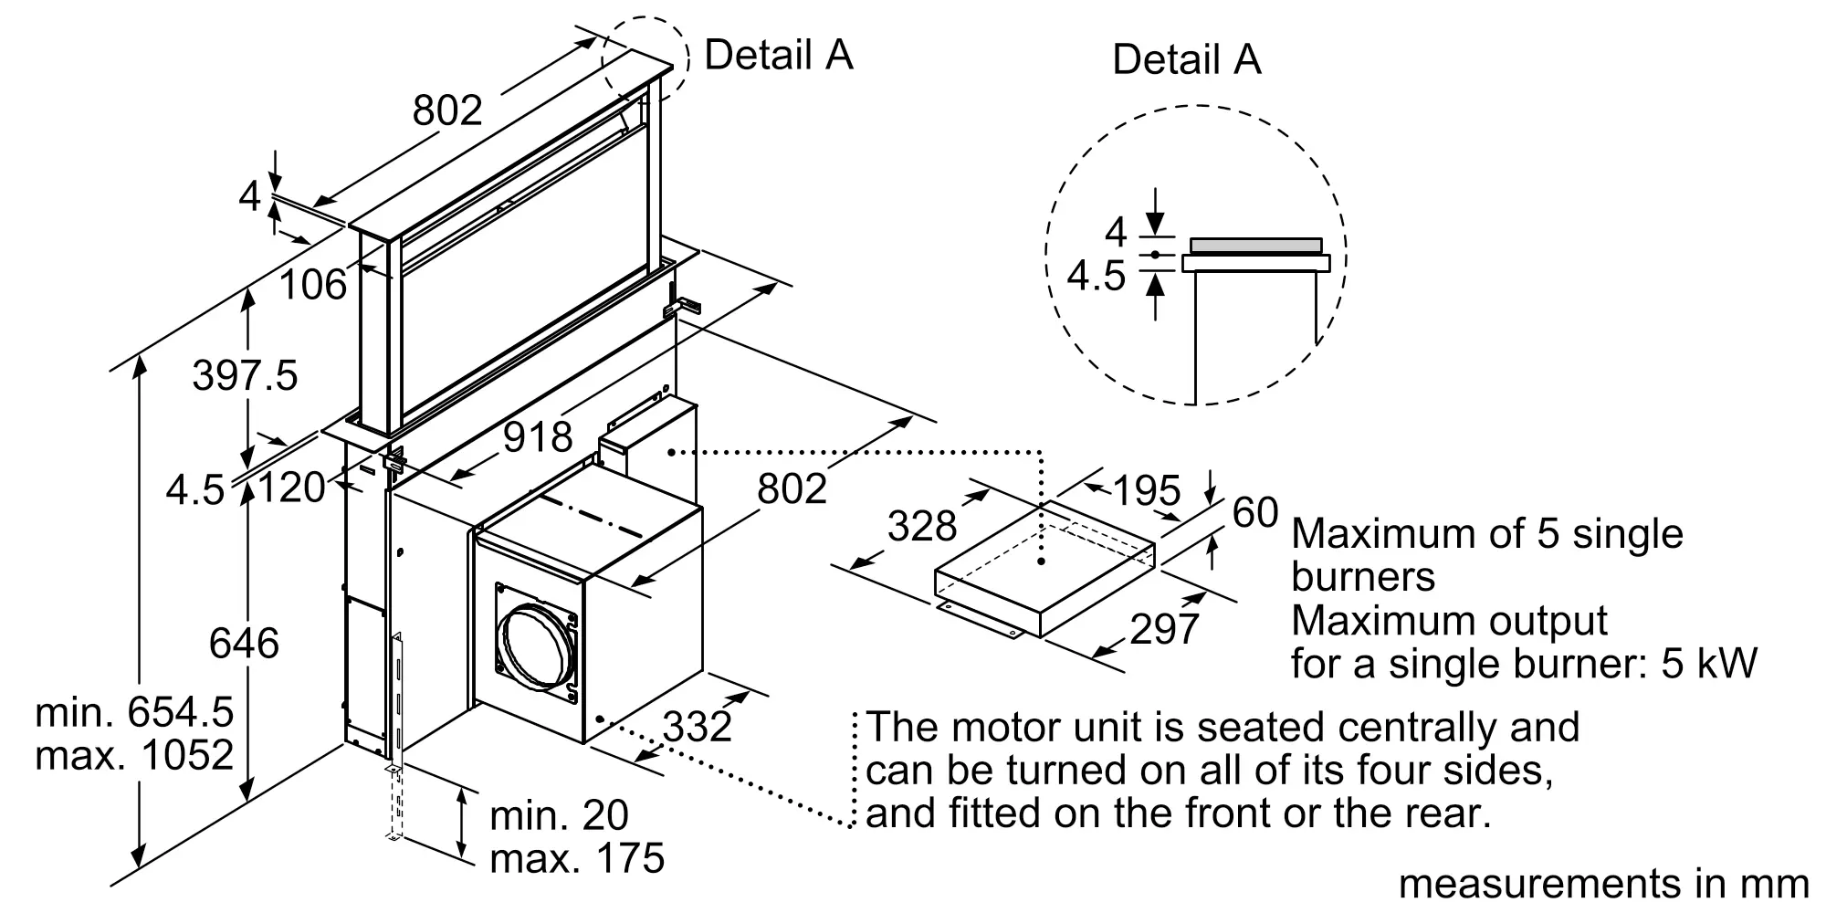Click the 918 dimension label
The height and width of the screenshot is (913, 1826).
coord(538,437)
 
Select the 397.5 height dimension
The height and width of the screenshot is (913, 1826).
coord(245,375)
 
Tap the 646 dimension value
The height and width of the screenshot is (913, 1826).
coord(244,644)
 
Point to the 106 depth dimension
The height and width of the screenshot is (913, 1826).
coord(313,285)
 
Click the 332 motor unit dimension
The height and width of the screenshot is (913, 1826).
coord(698,727)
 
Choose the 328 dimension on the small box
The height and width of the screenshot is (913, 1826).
coord(922,526)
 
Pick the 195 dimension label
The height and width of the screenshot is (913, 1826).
coord(1147,491)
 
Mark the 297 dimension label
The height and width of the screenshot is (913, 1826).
coord(1164,629)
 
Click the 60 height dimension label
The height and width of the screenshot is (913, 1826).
coord(1255,513)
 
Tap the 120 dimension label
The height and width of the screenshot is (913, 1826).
coord(292,488)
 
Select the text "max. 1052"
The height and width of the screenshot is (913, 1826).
coord(134,755)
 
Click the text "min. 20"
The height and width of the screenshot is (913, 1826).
coord(559,815)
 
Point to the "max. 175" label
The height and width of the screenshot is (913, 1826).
coord(577,858)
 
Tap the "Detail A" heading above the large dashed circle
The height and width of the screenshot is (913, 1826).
coord(1186,59)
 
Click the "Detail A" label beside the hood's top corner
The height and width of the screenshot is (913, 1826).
coord(778,55)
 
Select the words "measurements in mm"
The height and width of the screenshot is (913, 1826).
coord(1603,883)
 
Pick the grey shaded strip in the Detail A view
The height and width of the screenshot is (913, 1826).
coord(1256,246)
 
